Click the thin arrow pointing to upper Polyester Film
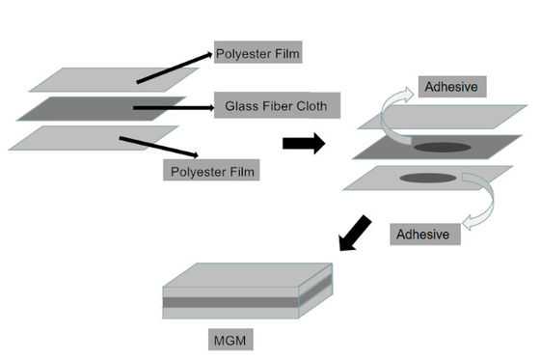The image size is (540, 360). [174, 67]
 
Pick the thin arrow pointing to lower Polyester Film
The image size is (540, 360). [159, 149]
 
